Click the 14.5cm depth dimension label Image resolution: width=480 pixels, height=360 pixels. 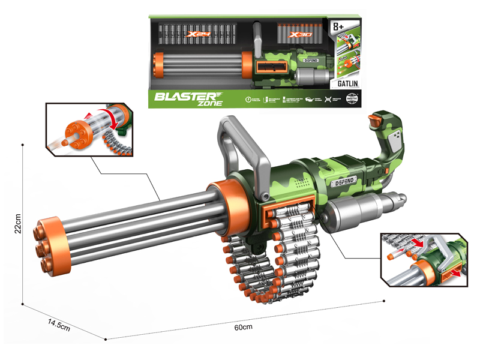click(x=59, y=325)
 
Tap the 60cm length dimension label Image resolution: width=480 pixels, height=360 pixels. click(x=244, y=328)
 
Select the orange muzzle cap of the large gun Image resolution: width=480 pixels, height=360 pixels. click(x=49, y=245)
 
